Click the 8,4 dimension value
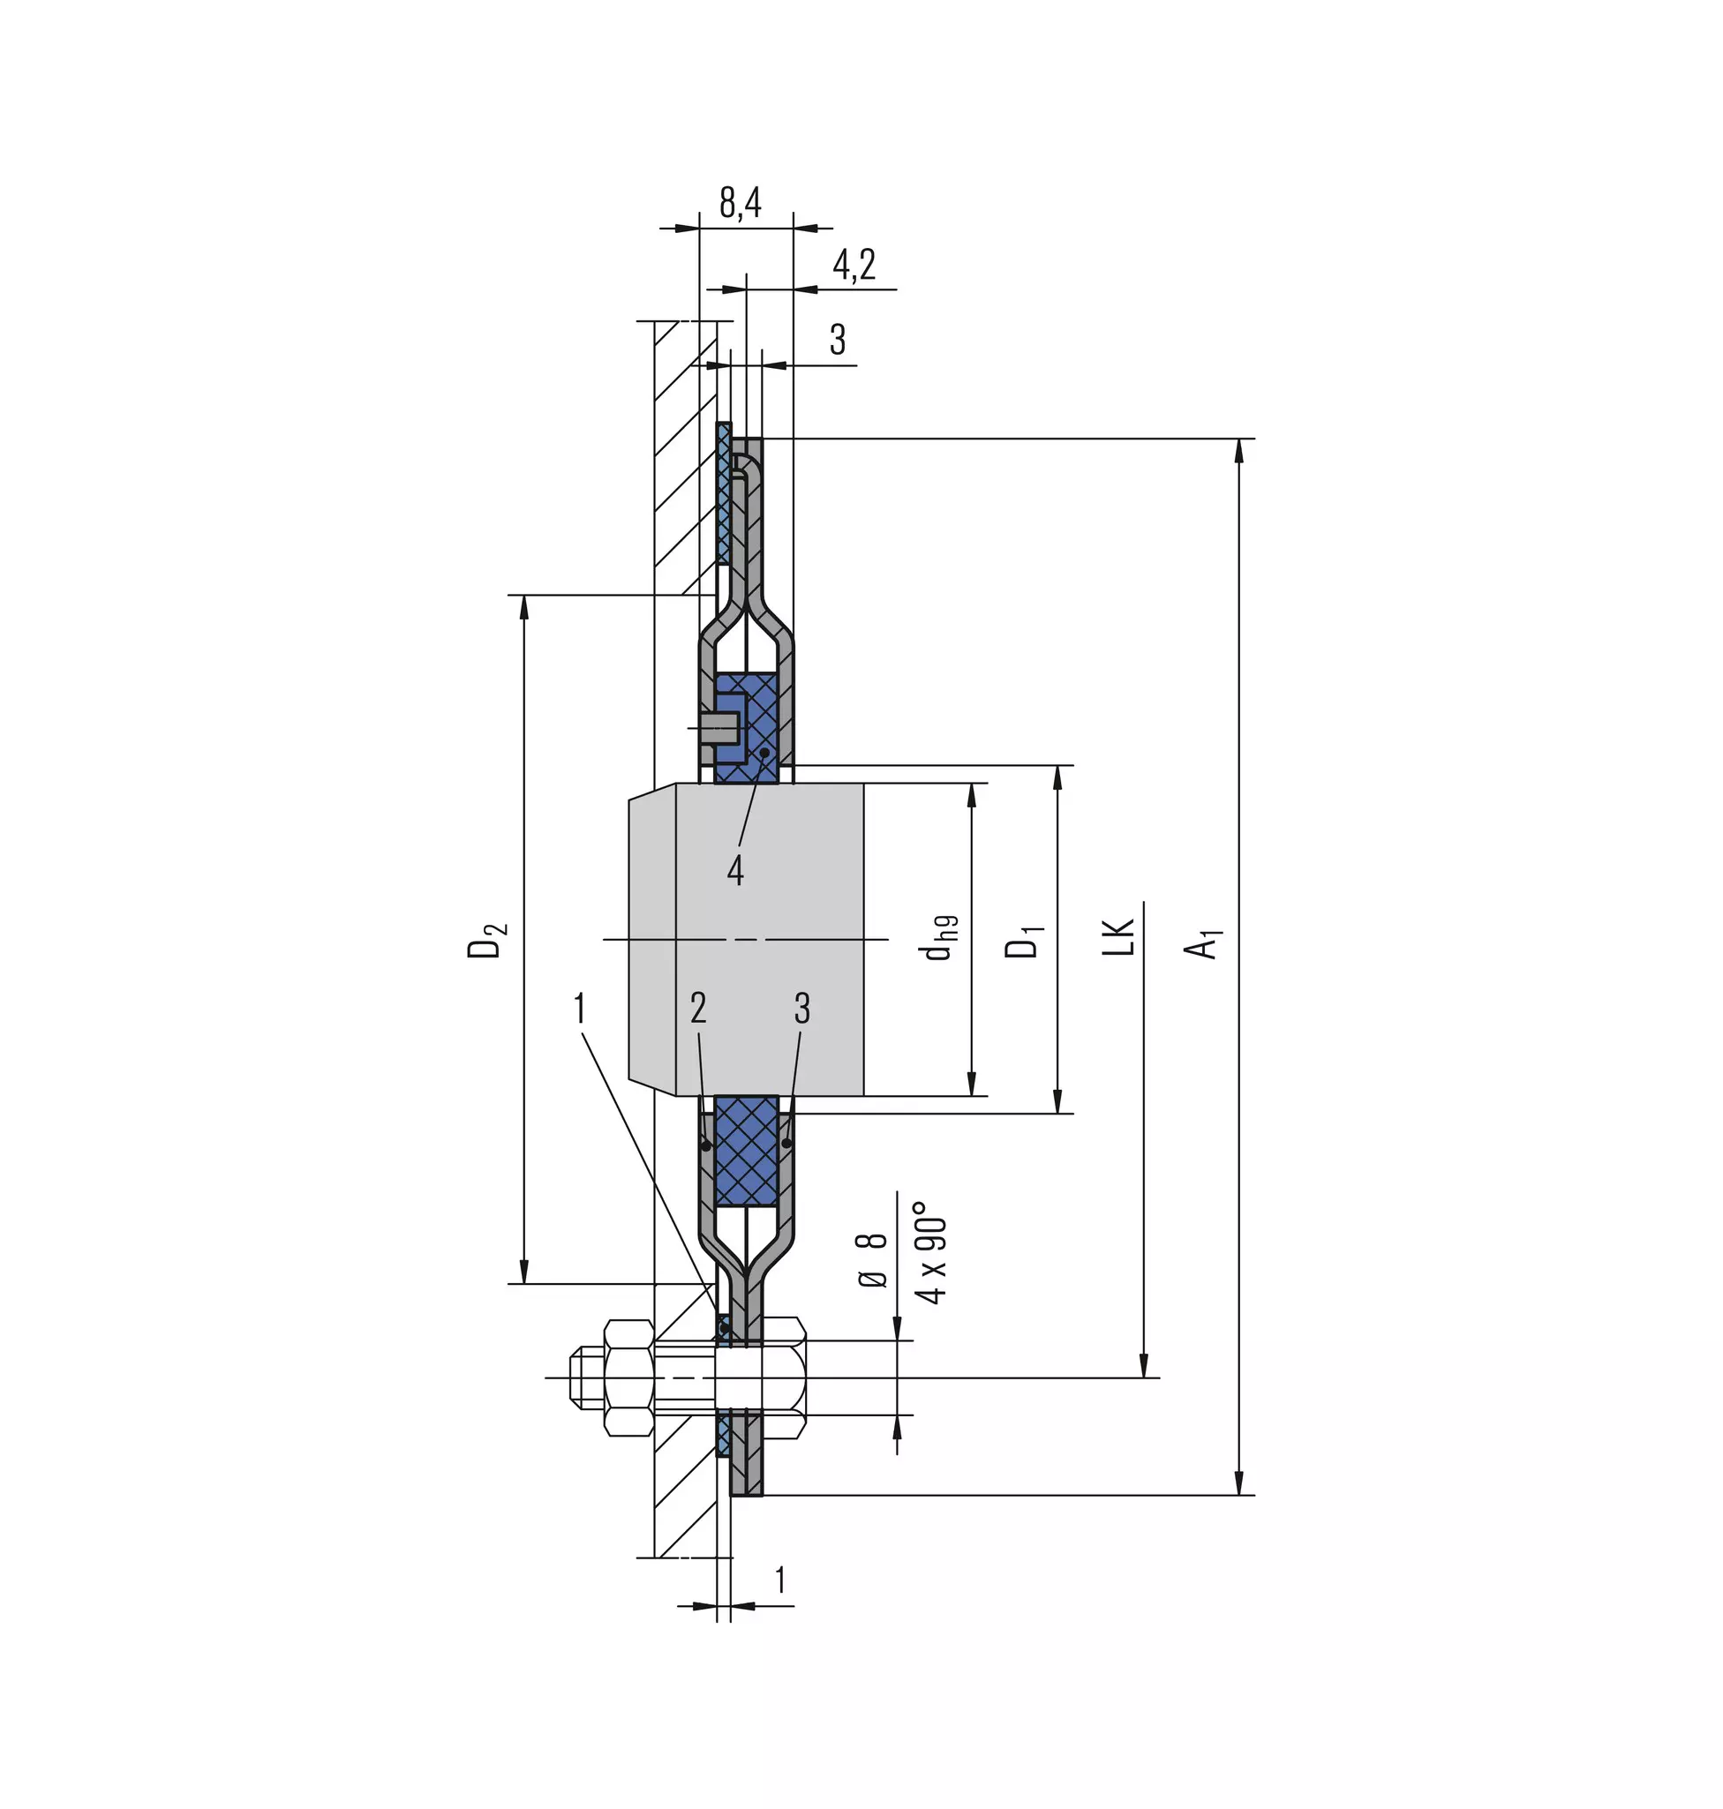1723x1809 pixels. pyautogui.click(x=741, y=202)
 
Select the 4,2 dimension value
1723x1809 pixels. pyautogui.click(x=854, y=265)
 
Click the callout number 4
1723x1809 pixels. pyautogui.click(x=734, y=869)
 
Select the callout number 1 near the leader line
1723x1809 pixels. pyautogui.click(x=580, y=1009)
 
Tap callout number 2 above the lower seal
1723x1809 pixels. pyautogui.click(x=698, y=1009)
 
